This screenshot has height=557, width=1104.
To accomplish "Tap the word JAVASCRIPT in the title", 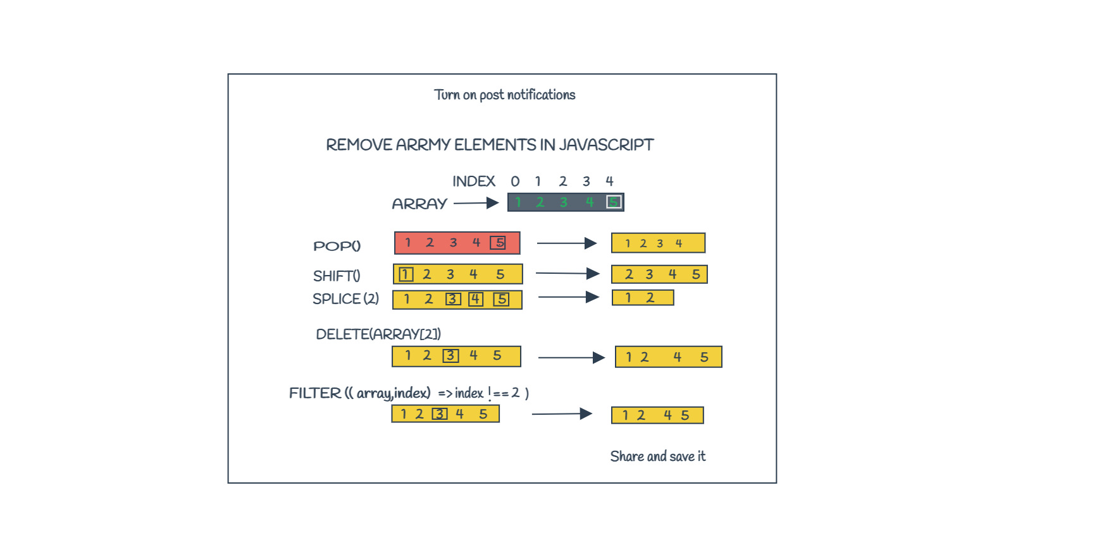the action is click(x=606, y=145).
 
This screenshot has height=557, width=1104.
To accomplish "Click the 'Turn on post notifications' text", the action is click(x=505, y=95).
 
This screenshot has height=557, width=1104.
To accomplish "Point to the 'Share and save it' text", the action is click(x=658, y=456).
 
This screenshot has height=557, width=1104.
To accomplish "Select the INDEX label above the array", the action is click(x=474, y=181).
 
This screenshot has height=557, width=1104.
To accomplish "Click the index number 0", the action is click(x=515, y=181).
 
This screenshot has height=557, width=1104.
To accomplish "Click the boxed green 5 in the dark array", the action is click(x=614, y=202).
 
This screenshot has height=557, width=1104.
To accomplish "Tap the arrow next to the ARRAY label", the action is click(x=476, y=203).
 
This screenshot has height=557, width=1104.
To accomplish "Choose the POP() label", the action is click(x=337, y=246).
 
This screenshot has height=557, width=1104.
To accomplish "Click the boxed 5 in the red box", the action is click(x=499, y=242).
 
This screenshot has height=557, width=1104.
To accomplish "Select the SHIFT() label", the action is click(x=337, y=276).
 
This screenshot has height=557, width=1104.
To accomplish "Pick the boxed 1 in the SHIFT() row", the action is click(x=406, y=274).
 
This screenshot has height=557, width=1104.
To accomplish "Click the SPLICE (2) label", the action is click(x=345, y=298).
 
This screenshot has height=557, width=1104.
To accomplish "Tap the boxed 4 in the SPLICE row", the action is click(x=476, y=299).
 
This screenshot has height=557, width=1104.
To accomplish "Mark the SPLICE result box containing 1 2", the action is click(x=643, y=298).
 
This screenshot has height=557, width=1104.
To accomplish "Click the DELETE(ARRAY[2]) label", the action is click(x=378, y=334).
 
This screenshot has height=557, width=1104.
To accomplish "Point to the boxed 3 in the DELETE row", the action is click(x=450, y=355).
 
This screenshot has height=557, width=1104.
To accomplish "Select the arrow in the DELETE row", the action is click(x=572, y=358).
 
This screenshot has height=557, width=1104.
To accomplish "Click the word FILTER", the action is click(x=315, y=393).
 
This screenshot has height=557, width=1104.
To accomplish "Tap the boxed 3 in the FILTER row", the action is click(x=440, y=414).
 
